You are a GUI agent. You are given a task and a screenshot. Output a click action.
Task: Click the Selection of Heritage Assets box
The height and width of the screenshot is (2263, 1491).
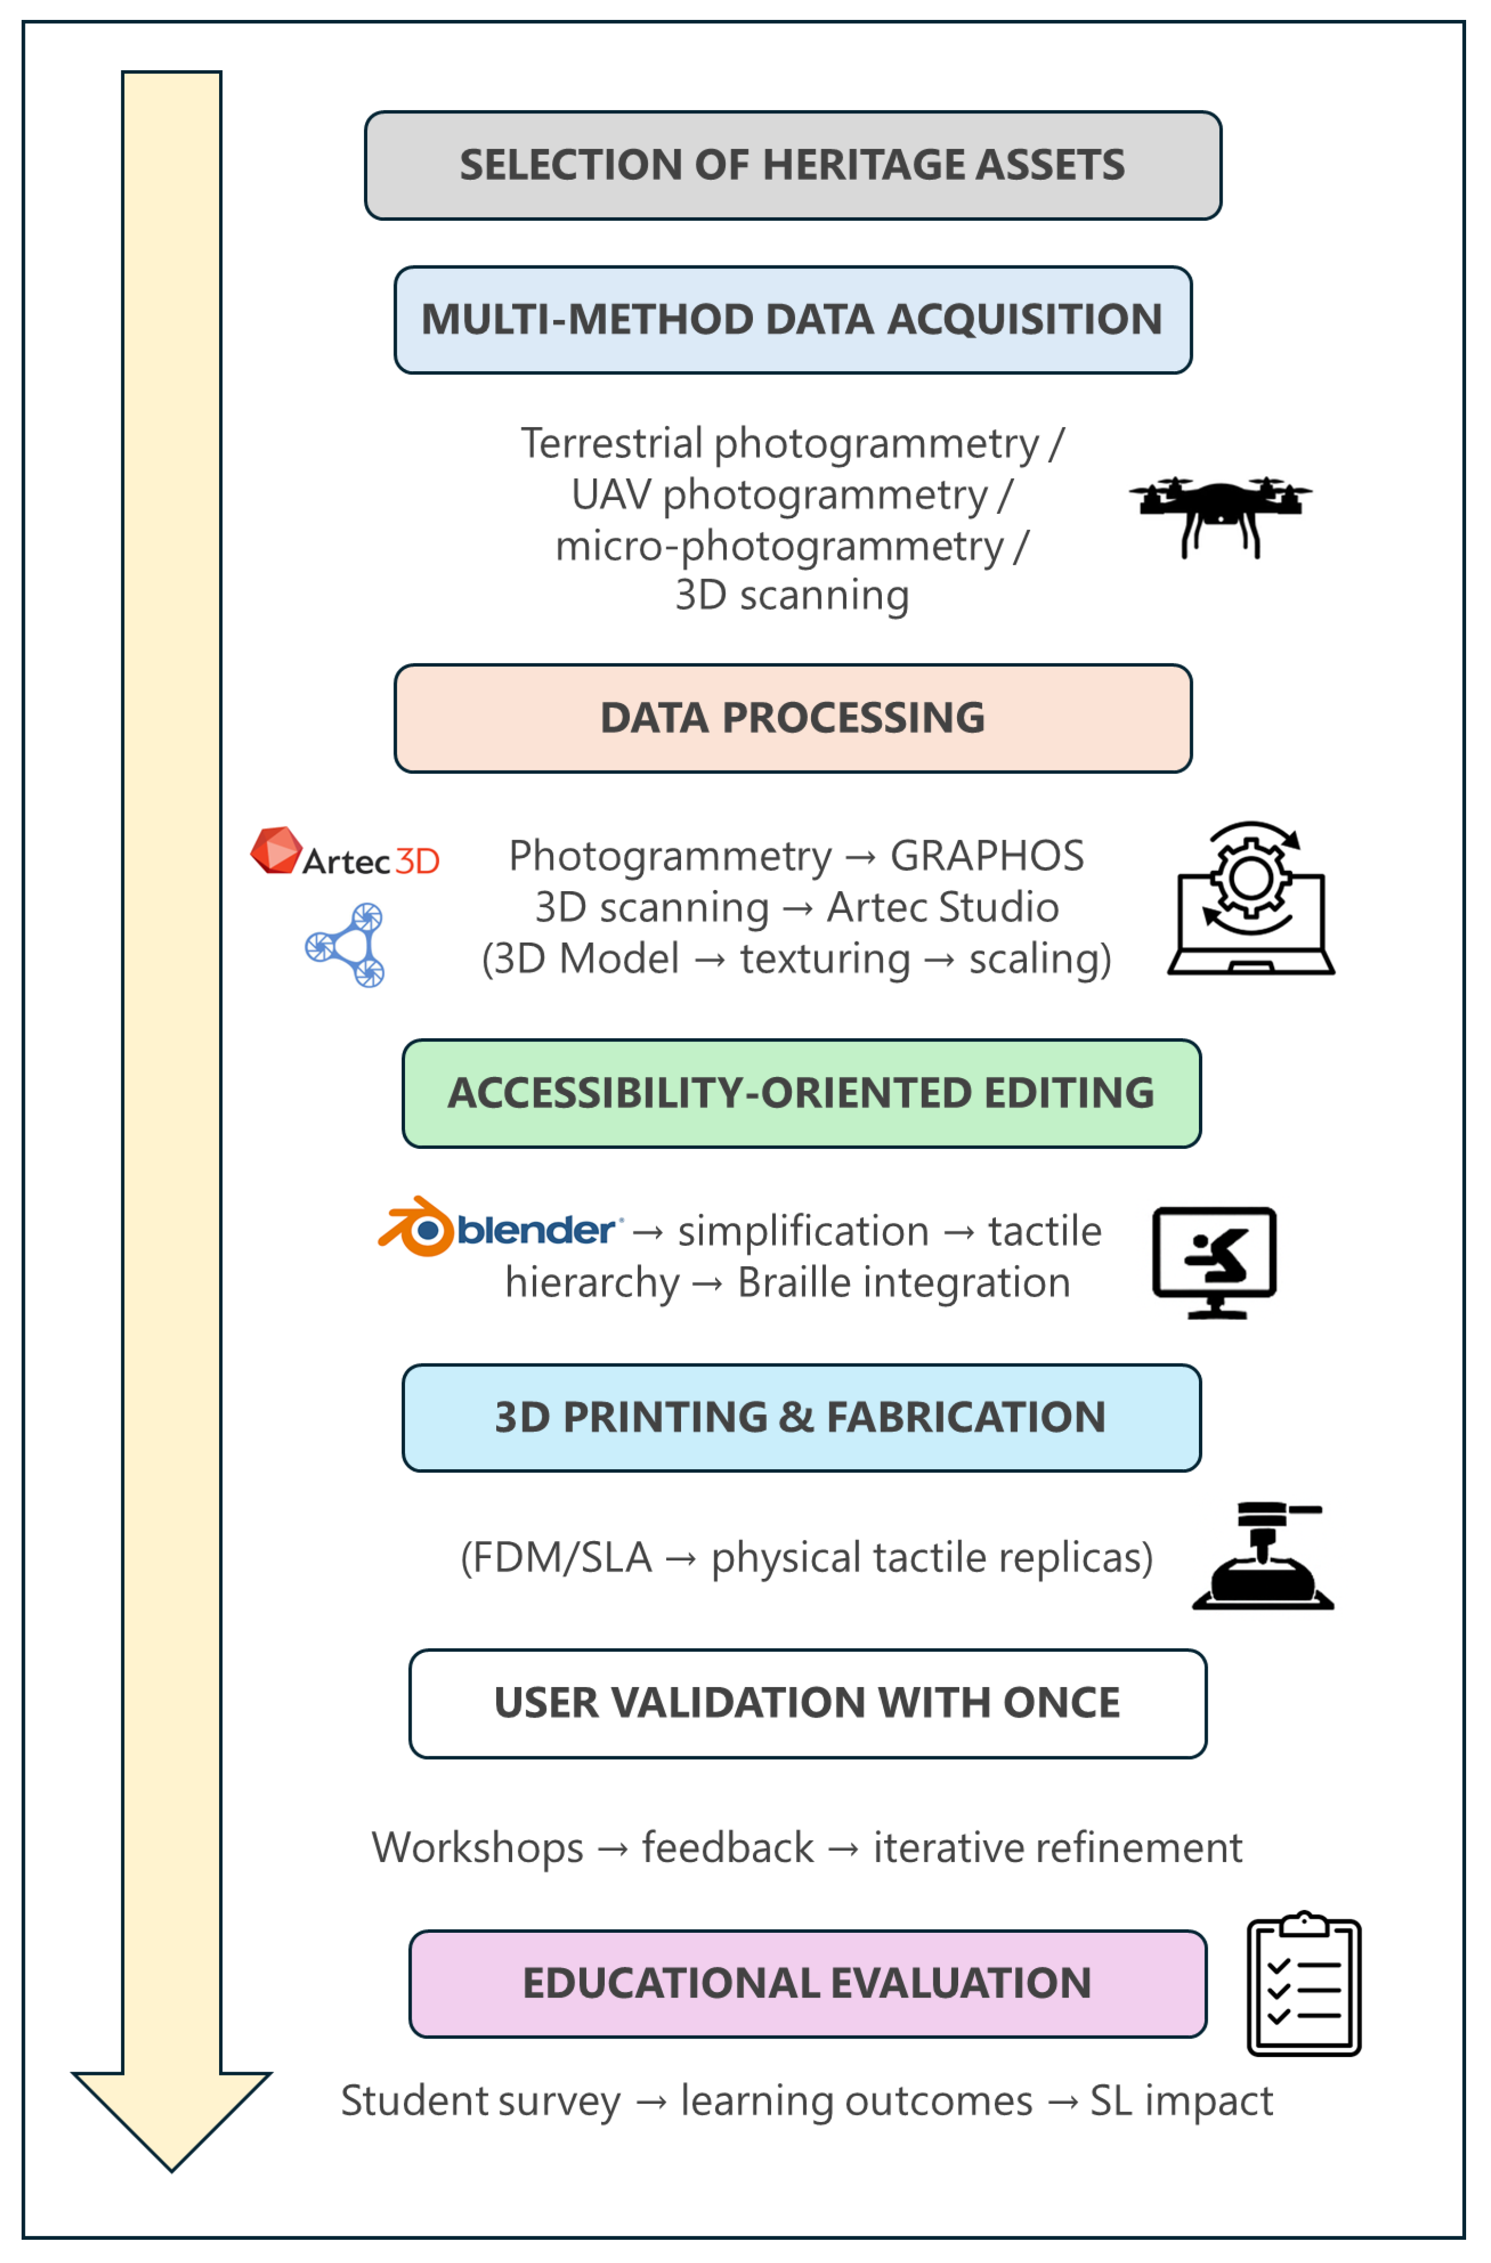792,165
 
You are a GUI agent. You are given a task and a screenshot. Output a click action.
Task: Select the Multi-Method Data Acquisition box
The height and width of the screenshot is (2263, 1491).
792,320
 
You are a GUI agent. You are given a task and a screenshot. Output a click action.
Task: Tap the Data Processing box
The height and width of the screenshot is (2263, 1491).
792,718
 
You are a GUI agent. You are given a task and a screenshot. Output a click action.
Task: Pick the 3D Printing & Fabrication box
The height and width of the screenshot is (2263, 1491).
801,1417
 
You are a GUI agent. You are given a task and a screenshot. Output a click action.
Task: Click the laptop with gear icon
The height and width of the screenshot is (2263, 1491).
1250,898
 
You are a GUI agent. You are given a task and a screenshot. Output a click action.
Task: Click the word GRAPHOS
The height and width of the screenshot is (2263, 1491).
986,856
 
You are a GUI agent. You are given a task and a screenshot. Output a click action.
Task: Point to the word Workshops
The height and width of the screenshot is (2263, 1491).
477,1848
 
